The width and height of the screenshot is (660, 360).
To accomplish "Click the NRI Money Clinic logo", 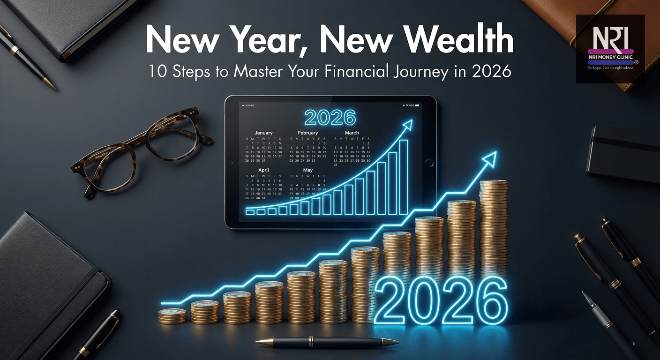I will pos(610,49).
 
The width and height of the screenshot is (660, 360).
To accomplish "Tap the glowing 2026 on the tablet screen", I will pos(330,118).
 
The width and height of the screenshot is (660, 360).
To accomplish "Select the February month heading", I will pos(307,133).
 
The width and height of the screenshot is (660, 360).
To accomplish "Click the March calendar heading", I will pos(352,133).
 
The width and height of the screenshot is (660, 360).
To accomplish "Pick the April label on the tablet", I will pos(263,170).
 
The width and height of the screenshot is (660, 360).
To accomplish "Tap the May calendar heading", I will pos(307,170).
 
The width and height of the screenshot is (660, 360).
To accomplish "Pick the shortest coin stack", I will pos(172,317).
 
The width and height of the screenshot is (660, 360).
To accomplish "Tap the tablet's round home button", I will pos(427,163).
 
